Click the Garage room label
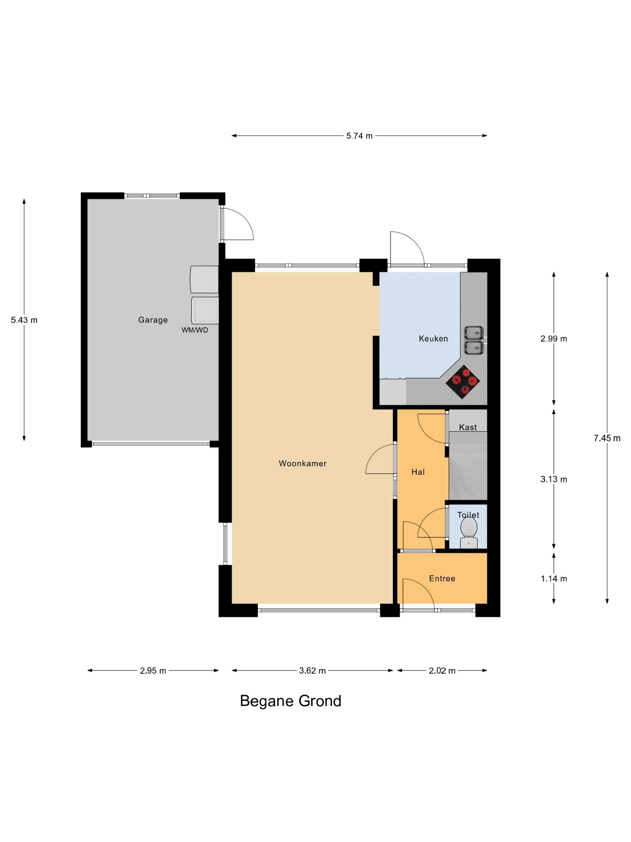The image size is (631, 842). (153, 320)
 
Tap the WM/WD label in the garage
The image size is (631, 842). (195, 330)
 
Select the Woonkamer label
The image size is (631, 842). (303, 463)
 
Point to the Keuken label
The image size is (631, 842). (433, 338)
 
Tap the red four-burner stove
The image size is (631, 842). (462, 382)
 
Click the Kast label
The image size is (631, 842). (468, 427)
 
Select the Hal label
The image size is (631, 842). (418, 472)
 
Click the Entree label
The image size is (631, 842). (442, 579)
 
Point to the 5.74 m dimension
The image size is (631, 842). (359, 136)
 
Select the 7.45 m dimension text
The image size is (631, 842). (607, 438)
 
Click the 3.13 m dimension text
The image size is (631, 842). (554, 479)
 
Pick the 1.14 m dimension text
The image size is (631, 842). (554, 579)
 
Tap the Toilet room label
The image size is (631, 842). (468, 515)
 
